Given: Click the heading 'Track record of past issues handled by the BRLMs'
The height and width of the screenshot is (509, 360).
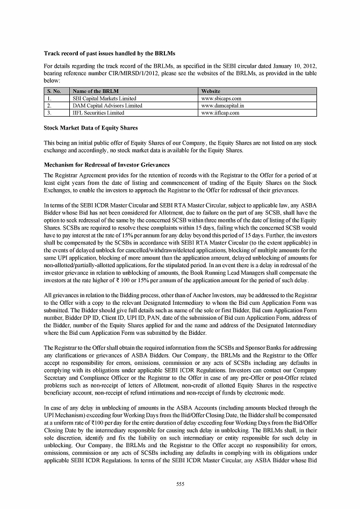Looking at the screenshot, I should (x=109, y=54).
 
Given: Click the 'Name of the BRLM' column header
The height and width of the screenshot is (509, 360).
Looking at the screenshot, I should (x=96, y=92).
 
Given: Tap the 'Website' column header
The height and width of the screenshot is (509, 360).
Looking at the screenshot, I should (x=210, y=92).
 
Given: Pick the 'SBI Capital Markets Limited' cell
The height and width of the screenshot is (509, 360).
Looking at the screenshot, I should (x=104, y=99).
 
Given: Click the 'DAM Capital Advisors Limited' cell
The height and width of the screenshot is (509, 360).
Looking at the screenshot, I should (x=107, y=106).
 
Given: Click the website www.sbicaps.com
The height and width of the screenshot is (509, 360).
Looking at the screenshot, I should (x=220, y=99).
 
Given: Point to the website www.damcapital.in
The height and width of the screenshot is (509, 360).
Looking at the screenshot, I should (x=222, y=106).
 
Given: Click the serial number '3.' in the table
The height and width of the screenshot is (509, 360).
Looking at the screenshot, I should (x=49, y=113).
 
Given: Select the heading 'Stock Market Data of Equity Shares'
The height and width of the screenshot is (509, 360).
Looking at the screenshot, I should (x=91, y=128).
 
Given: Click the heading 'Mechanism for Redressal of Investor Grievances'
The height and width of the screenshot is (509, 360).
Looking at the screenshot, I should (x=106, y=165).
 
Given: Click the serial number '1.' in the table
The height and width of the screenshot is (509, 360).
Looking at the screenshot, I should (x=49, y=99).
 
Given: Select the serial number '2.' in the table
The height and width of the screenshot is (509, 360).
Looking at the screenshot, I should (x=49, y=106).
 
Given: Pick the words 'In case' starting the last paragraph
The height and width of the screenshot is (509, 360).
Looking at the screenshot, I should (x=53, y=408).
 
